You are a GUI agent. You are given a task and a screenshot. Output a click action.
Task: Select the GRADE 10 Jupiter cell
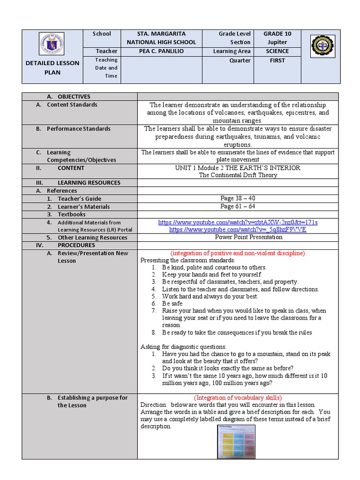277,38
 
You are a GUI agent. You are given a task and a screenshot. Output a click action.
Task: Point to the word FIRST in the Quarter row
277,60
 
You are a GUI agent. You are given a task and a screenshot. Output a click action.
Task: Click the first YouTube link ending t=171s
238,222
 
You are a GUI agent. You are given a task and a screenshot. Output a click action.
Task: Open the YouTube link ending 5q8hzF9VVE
238,230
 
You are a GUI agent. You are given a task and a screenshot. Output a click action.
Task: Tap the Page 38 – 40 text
238,199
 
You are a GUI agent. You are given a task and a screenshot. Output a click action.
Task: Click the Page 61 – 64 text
238,207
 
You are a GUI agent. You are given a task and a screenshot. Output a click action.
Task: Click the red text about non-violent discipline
238,253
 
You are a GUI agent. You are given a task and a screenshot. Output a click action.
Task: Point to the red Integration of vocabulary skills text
238,397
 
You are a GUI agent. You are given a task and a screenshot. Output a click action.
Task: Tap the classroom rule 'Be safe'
172,304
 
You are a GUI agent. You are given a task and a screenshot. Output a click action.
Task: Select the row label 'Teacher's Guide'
80,199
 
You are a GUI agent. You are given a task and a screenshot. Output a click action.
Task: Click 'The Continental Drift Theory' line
238,175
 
